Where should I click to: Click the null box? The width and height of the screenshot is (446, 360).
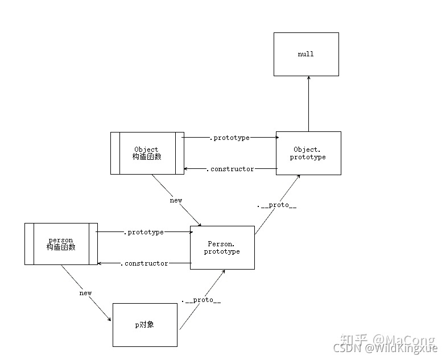(x=306, y=54)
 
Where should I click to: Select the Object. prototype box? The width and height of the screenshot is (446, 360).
(x=308, y=153)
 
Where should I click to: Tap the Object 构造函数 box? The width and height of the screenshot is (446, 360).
(x=147, y=153)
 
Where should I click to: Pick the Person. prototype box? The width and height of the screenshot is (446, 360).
(x=222, y=247)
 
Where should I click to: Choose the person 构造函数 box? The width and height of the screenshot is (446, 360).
(x=60, y=244)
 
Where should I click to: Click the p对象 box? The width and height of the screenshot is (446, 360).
(x=146, y=325)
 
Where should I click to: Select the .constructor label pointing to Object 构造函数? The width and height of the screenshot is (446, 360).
(x=230, y=169)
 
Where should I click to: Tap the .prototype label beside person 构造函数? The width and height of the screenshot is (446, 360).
(x=143, y=232)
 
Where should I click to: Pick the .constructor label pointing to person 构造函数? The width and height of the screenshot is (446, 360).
(x=144, y=263)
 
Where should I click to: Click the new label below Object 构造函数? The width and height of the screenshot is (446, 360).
(x=176, y=200)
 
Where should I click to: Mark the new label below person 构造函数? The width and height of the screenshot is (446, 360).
(x=85, y=293)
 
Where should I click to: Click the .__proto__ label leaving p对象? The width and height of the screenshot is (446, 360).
(x=201, y=300)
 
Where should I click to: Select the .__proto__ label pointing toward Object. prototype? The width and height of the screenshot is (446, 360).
(x=277, y=205)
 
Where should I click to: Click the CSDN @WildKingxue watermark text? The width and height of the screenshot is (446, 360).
(x=386, y=347)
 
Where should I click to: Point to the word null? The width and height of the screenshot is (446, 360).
(x=305, y=54)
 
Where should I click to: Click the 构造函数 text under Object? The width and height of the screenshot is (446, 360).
(x=147, y=157)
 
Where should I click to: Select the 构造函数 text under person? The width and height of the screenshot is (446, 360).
(x=61, y=247)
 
